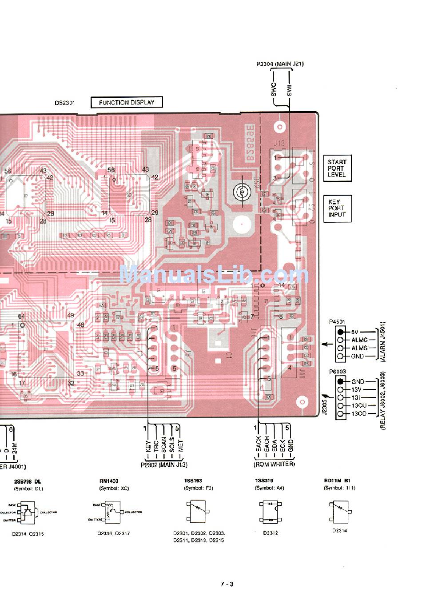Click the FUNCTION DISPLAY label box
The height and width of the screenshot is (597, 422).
tap(127, 103)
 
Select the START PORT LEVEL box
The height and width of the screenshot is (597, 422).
tap(336, 168)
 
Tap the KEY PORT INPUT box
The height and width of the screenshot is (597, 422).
tap(337, 208)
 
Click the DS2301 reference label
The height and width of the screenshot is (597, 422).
tap(65, 103)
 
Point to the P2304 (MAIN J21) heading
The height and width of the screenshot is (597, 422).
tap(280, 64)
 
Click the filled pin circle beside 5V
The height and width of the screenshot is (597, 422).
tap(341, 332)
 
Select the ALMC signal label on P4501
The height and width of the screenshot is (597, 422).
tap(359, 340)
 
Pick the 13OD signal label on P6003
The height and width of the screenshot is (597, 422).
tap(359, 414)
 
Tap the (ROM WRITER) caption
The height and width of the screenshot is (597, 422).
tap(274, 464)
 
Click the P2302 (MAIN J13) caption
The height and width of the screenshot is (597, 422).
tap(163, 465)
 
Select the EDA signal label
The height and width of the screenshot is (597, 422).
tap(275, 445)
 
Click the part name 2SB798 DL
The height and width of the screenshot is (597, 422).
tap(28, 481)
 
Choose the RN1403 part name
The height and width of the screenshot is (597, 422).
tap(109, 481)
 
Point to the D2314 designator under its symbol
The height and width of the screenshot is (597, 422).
tap(339, 530)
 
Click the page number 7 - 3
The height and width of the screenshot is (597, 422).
tap(227, 584)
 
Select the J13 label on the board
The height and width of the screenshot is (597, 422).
tap(279, 143)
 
